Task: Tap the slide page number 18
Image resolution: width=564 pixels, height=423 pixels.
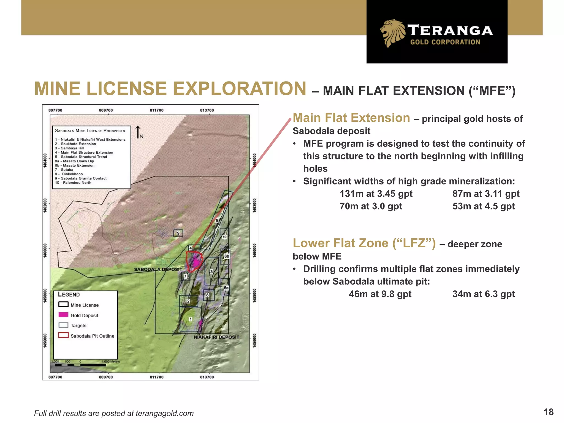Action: (548, 412)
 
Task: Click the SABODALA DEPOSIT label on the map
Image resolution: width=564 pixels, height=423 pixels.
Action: (158, 269)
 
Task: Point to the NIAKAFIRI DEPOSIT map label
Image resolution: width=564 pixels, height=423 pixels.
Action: (216, 337)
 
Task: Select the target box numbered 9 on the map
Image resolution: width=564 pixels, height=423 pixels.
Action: (178, 233)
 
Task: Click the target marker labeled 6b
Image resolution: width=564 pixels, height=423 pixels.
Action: (226, 256)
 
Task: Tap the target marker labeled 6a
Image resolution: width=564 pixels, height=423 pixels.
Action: (226, 288)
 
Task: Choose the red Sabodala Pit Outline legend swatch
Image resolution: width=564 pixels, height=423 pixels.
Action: (63, 335)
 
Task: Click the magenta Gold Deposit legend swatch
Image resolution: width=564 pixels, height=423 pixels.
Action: (63, 315)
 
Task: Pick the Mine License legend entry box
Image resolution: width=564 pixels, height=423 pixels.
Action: (63, 304)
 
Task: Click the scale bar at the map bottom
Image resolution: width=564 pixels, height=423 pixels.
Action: (80, 365)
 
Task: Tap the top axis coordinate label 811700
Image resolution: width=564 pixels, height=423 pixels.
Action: (156, 110)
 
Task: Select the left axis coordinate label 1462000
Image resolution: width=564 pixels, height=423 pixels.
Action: (45, 205)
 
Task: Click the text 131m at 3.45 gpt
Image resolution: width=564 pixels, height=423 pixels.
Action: (376, 194)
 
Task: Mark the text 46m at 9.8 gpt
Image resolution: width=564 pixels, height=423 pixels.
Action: (380, 294)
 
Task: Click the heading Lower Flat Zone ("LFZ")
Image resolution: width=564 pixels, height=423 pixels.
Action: (364, 243)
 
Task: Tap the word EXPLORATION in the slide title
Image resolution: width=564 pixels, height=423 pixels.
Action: (239, 89)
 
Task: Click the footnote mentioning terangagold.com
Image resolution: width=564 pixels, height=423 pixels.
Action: (114, 413)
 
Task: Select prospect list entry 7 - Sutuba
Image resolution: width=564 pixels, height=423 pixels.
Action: (64, 170)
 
